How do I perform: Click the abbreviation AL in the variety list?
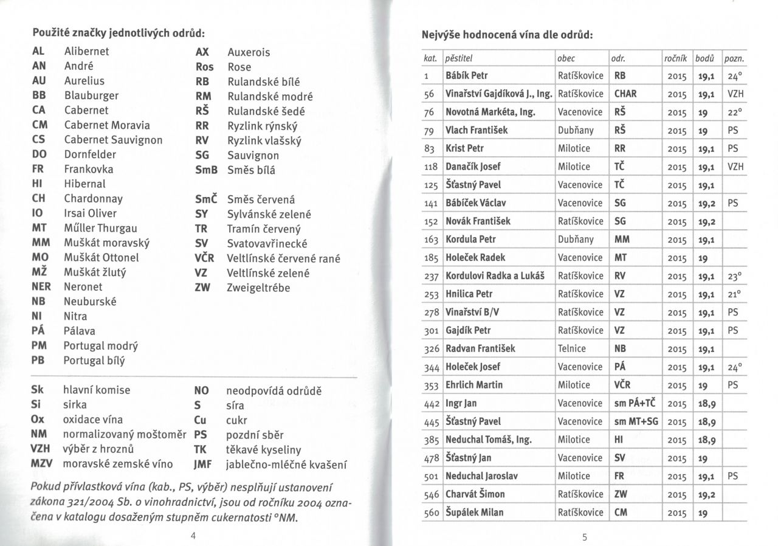coord(37,52)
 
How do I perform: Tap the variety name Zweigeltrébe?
coord(258,288)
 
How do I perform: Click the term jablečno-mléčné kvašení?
coord(286,465)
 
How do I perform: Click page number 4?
coord(193,535)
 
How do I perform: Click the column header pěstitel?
coord(459,58)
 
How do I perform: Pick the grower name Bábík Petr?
coord(467,76)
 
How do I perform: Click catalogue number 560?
coord(432,513)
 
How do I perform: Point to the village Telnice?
coord(572,348)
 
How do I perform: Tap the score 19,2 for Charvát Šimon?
coord(704,494)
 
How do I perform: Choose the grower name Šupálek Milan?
coord(475,513)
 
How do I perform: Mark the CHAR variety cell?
coord(626,94)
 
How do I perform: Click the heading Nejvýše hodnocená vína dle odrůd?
coord(507,35)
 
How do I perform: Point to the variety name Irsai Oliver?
coord(90,213)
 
